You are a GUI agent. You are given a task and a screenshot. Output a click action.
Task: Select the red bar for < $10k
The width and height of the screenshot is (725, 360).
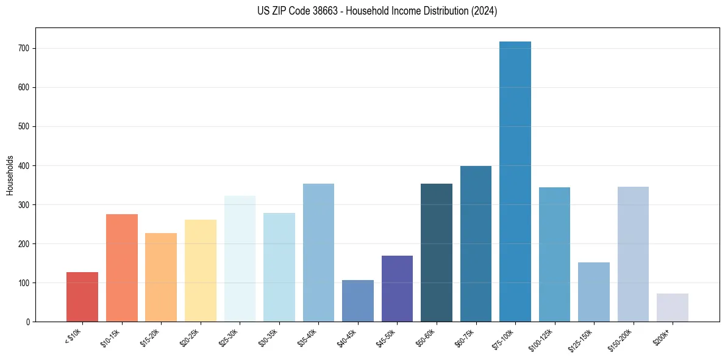82,297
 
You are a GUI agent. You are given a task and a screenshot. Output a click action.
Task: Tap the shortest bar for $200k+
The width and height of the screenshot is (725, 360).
673,308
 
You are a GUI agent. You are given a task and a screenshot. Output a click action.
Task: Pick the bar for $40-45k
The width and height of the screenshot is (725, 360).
358,301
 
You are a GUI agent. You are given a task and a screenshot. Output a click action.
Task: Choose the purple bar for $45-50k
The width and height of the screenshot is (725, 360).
397,289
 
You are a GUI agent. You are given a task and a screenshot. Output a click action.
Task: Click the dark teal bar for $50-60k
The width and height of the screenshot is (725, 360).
437,253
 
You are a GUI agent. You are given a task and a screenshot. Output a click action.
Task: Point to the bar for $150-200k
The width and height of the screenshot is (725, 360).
633,254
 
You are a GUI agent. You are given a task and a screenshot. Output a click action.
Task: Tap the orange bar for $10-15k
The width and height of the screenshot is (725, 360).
122,268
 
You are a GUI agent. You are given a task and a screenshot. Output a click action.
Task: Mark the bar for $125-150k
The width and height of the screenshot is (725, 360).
594,292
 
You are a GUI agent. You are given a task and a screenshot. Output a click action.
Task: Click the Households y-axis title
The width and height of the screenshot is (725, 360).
10,175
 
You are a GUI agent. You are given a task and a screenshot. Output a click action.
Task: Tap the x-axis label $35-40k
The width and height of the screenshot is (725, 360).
309,338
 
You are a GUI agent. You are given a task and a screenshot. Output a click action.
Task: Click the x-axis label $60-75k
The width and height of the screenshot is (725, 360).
466,338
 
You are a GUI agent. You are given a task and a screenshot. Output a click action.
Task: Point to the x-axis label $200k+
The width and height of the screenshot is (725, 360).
663,336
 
